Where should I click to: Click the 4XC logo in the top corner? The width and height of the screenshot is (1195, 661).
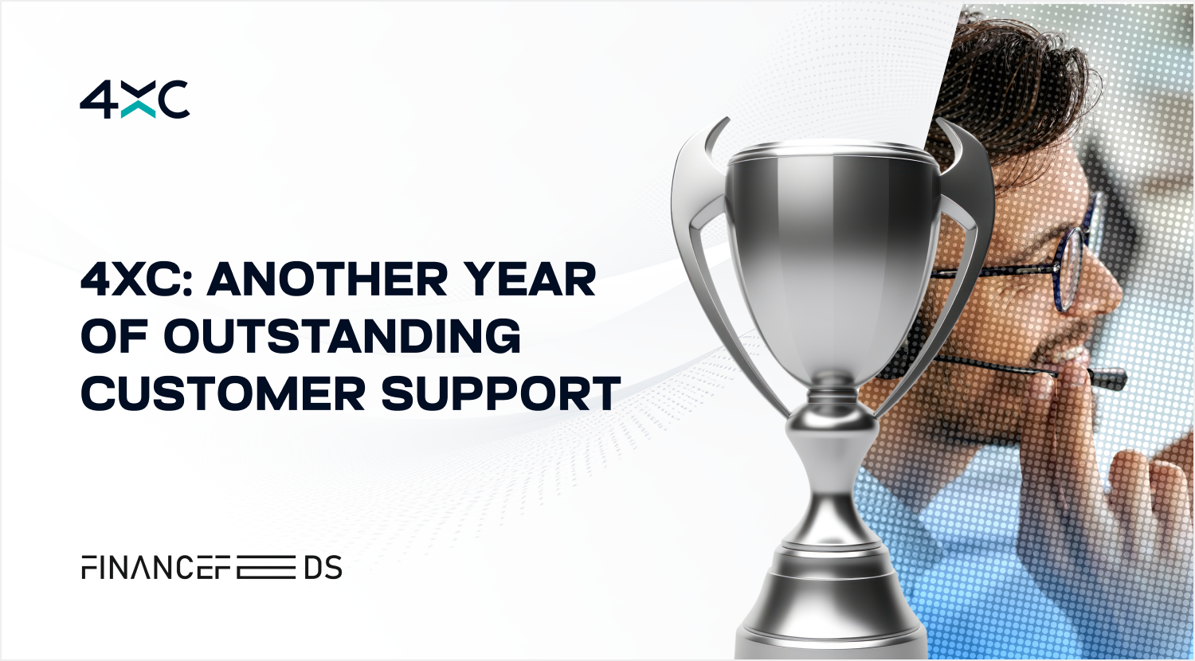(135, 100)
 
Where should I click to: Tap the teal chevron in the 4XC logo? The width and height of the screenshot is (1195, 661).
(138, 110)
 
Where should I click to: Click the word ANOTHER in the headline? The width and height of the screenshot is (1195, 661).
(327, 279)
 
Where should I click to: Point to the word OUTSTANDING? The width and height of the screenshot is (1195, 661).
(342, 336)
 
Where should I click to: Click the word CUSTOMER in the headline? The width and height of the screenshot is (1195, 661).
(223, 393)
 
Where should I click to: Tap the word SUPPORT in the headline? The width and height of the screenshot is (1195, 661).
(501, 393)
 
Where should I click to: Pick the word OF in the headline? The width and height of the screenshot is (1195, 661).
(114, 336)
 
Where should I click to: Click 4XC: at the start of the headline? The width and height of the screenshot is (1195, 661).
(137, 279)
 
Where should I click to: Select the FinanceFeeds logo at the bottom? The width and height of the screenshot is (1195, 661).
(212, 567)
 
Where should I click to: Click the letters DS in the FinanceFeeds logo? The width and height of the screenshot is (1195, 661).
(323, 567)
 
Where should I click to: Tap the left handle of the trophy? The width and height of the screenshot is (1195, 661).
(710, 256)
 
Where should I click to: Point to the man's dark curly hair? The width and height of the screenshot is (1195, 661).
(1013, 80)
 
